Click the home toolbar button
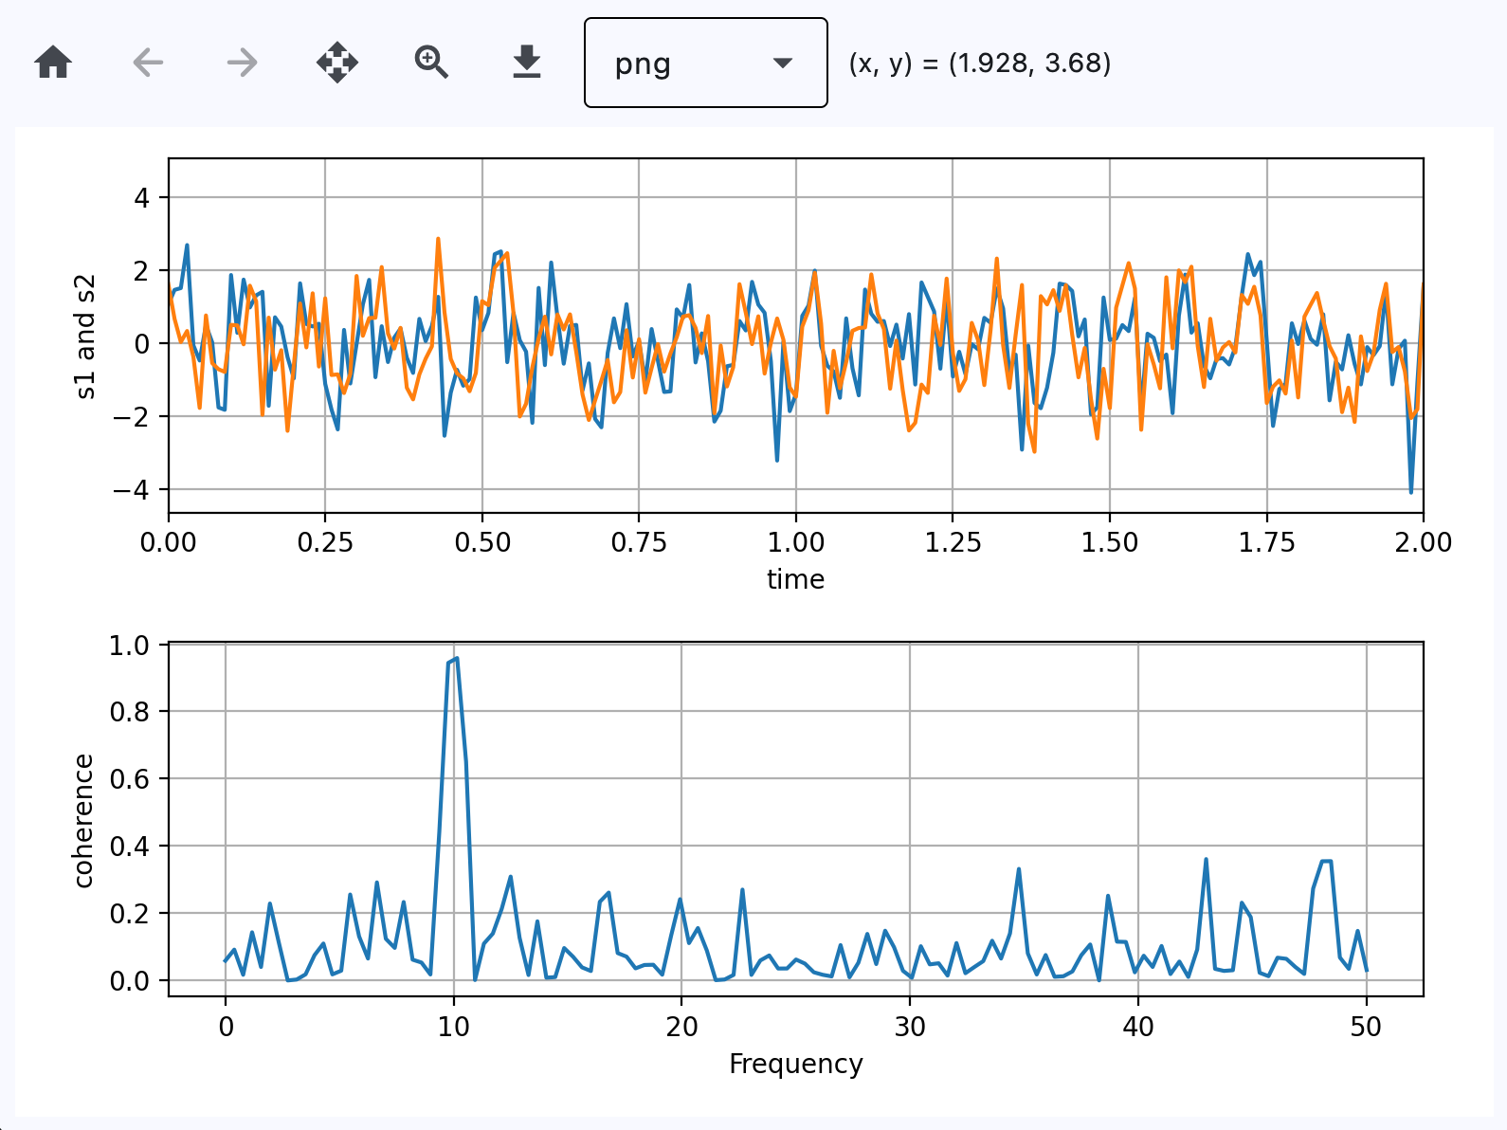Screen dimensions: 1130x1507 click(x=53, y=64)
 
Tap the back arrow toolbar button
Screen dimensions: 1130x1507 click(x=148, y=64)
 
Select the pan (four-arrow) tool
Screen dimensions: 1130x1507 click(x=337, y=64)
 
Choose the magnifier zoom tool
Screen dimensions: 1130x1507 click(x=431, y=63)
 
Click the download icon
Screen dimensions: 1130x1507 click(x=526, y=63)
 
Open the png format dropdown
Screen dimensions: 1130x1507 click(x=705, y=64)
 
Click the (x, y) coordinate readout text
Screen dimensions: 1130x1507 click(x=979, y=64)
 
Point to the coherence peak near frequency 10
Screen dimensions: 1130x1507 click(x=456, y=658)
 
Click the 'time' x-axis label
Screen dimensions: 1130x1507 click(x=795, y=579)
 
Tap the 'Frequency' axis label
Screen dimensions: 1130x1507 click(x=795, y=1064)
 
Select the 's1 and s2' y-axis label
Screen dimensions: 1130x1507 click(x=85, y=337)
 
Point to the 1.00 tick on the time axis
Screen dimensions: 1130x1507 click(x=795, y=542)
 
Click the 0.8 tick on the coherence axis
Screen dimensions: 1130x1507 click(x=130, y=712)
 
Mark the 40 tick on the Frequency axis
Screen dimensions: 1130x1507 click(x=1138, y=1027)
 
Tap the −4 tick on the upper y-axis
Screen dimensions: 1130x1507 click(x=131, y=490)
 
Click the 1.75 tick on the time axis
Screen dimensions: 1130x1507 click(x=1266, y=542)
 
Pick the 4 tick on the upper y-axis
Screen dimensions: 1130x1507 click(x=141, y=198)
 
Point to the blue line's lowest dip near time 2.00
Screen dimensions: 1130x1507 click(x=1410, y=492)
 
